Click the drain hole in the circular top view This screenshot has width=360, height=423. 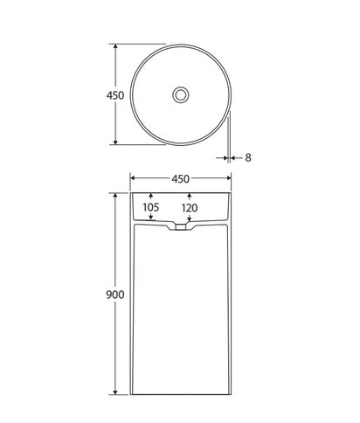pyautogui.click(x=181, y=94)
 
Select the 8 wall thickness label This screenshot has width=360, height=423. pyautogui.click(x=248, y=158)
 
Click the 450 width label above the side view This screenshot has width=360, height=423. pyautogui.click(x=181, y=179)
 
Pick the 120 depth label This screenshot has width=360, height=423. pyautogui.click(x=190, y=208)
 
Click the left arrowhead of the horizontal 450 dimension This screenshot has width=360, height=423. pyautogui.click(x=134, y=179)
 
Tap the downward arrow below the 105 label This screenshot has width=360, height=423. pyautogui.click(x=151, y=218)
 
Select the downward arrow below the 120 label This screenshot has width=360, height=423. pyautogui.click(x=190, y=219)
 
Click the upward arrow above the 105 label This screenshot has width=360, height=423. pyautogui.click(x=151, y=197)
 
